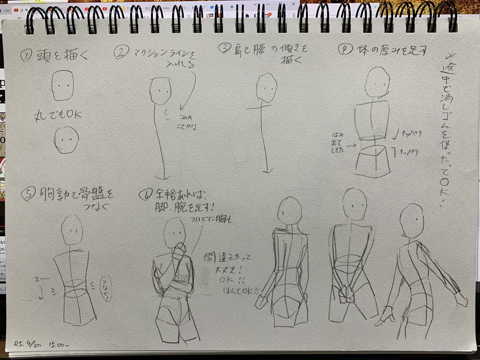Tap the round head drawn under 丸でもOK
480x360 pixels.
66,140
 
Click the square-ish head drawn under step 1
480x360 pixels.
62,86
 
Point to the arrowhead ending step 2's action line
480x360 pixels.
162,176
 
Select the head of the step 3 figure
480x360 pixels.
266,88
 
